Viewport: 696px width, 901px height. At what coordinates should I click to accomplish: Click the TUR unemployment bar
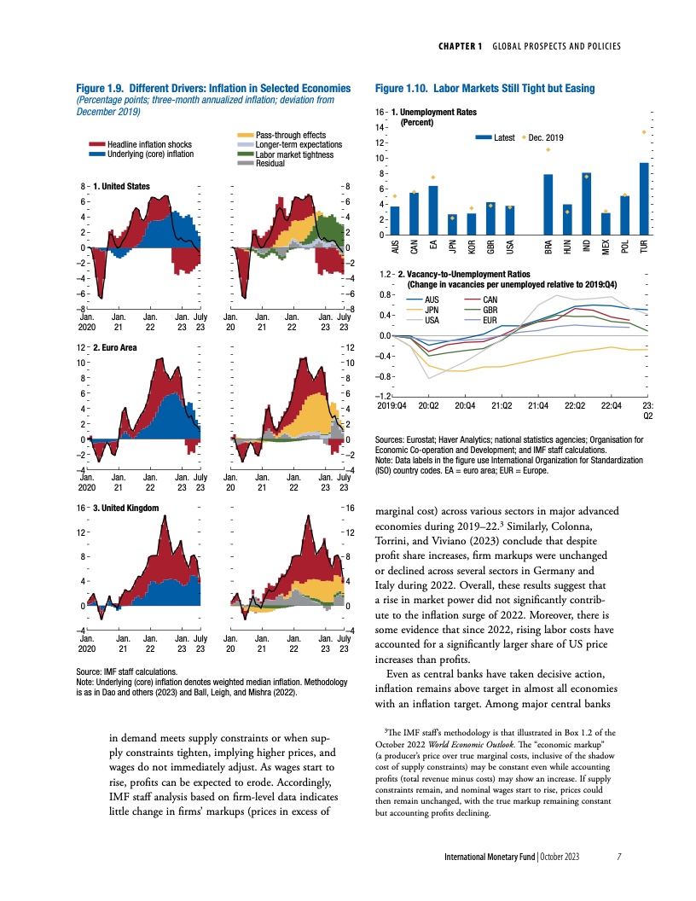tap(644, 198)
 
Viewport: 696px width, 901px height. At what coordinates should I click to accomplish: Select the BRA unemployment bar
tap(548, 204)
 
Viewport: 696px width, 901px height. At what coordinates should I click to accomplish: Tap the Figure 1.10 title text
tap(484, 89)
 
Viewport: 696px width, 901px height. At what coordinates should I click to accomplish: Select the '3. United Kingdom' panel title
tap(124, 508)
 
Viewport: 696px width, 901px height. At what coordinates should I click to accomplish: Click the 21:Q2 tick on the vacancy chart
tap(502, 406)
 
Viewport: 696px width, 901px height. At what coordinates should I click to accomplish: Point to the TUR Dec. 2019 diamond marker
tap(644, 131)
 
